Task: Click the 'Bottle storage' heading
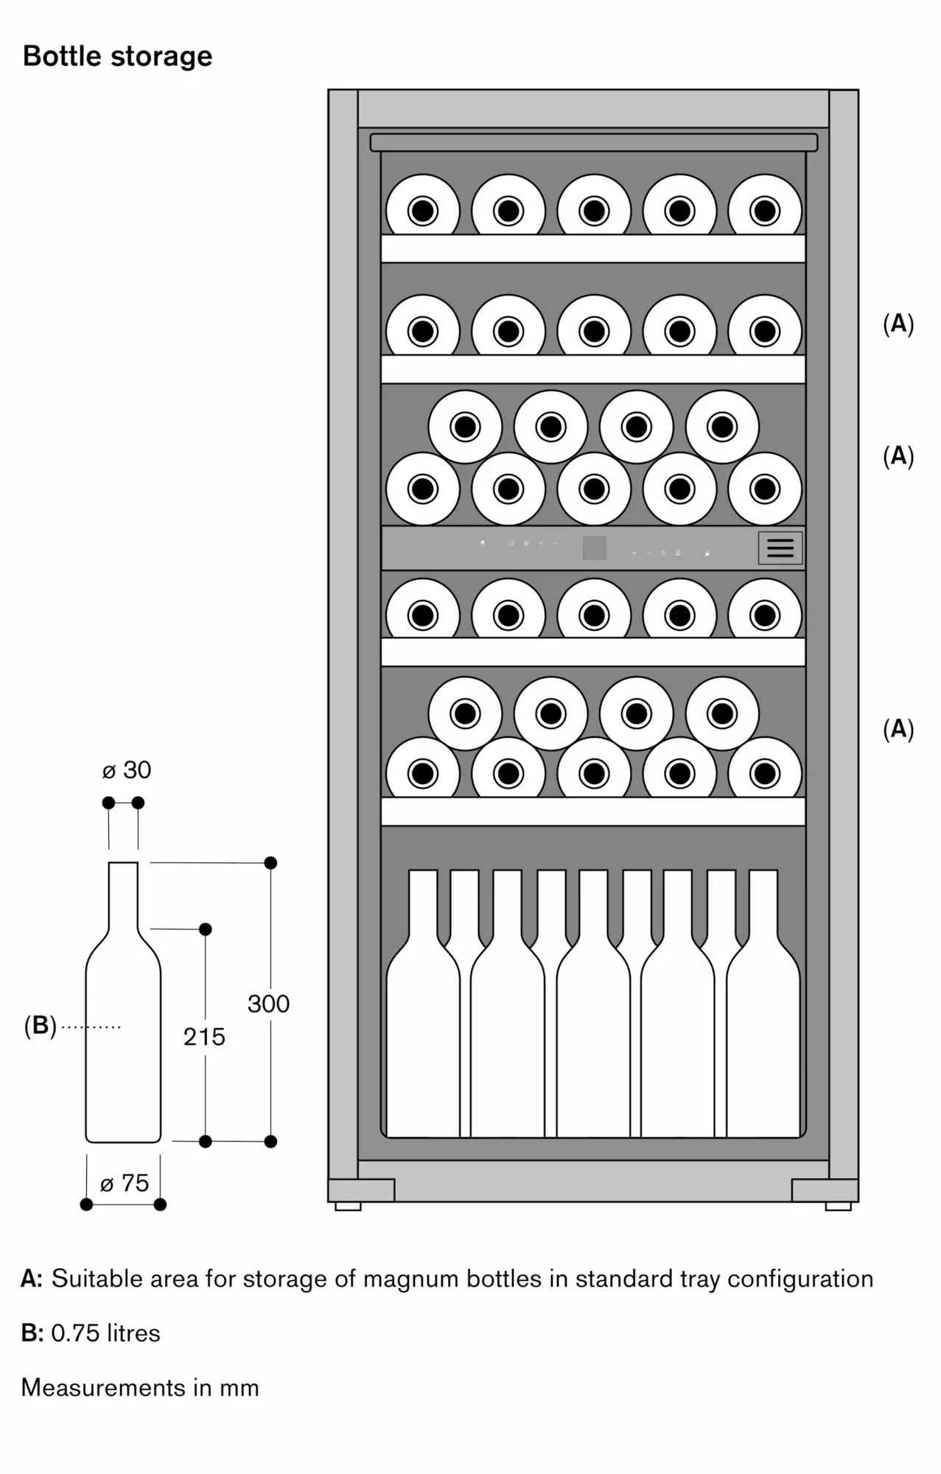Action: pyautogui.click(x=118, y=56)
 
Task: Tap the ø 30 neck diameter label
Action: pyautogui.click(x=127, y=770)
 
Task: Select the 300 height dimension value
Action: pyautogui.click(x=268, y=1004)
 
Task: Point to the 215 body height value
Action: pyautogui.click(x=204, y=1037)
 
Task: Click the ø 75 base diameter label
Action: pyautogui.click(x=125, y=1183)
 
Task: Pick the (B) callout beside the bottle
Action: pyautogui.click(x=40, y=1025)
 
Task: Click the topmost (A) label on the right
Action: pyautogui.click(x=898, y=324)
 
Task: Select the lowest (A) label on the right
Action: pyautogui.click(x=898, y=729)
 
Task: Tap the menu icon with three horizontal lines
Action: pyautogui.click(x=780, y=548)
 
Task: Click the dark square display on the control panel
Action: pyautogui.click(x=594, y=548)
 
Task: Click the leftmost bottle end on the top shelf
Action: pyautogui.click(x=423, y=210)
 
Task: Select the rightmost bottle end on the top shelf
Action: pyautogui.click(x=765, y=210)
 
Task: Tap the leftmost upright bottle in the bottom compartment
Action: pyautogui.click(x=423, y=1032)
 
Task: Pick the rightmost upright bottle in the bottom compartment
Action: pyautogui.click(x=763, y=1032)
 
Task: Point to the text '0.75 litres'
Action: pyautogui.click(x=105, y=1332)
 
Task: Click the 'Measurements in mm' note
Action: pyautogui.click(x=140, y=1387)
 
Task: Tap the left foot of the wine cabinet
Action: pyautogui.click(x=348, y=1206)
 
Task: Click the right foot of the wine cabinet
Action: pyautogui.click(x=839, y=1206)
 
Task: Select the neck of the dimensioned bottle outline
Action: pyautogui.click(x=123, y=895)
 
